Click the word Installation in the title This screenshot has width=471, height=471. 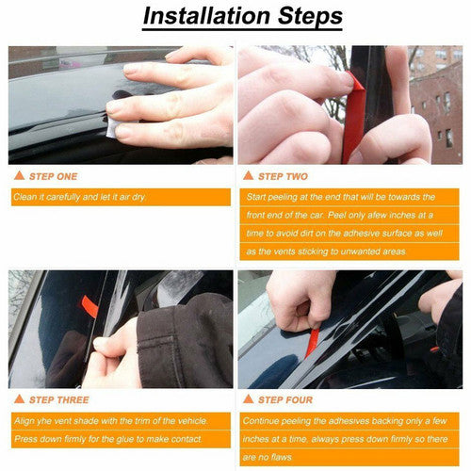(x=206, y=16)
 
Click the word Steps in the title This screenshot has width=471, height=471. (x=310, y=17)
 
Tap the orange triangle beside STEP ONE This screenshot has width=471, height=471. (x=19, y=175)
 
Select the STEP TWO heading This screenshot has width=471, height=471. (x=283, y=176)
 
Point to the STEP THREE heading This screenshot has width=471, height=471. (x=59, y=399)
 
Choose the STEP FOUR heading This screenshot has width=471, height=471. (x=285, y=399)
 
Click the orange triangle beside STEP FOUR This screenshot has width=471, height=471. (x=248, y=399)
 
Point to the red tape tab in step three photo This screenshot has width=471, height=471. (x=89, y=305)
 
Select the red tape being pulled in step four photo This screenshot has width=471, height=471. (x=312, y=343)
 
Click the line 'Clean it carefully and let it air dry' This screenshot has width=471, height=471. (x=80, y=197)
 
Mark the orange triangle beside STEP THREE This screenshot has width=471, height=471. (x=19, y=399)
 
